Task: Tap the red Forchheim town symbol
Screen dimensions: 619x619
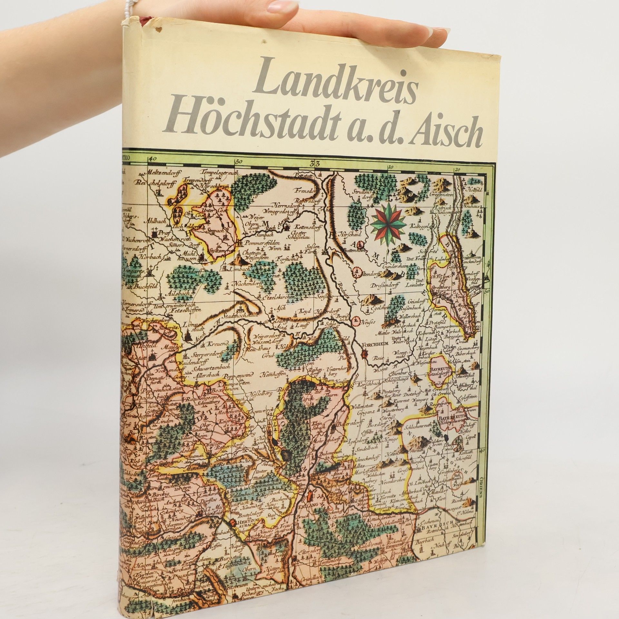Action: (365, 355)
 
